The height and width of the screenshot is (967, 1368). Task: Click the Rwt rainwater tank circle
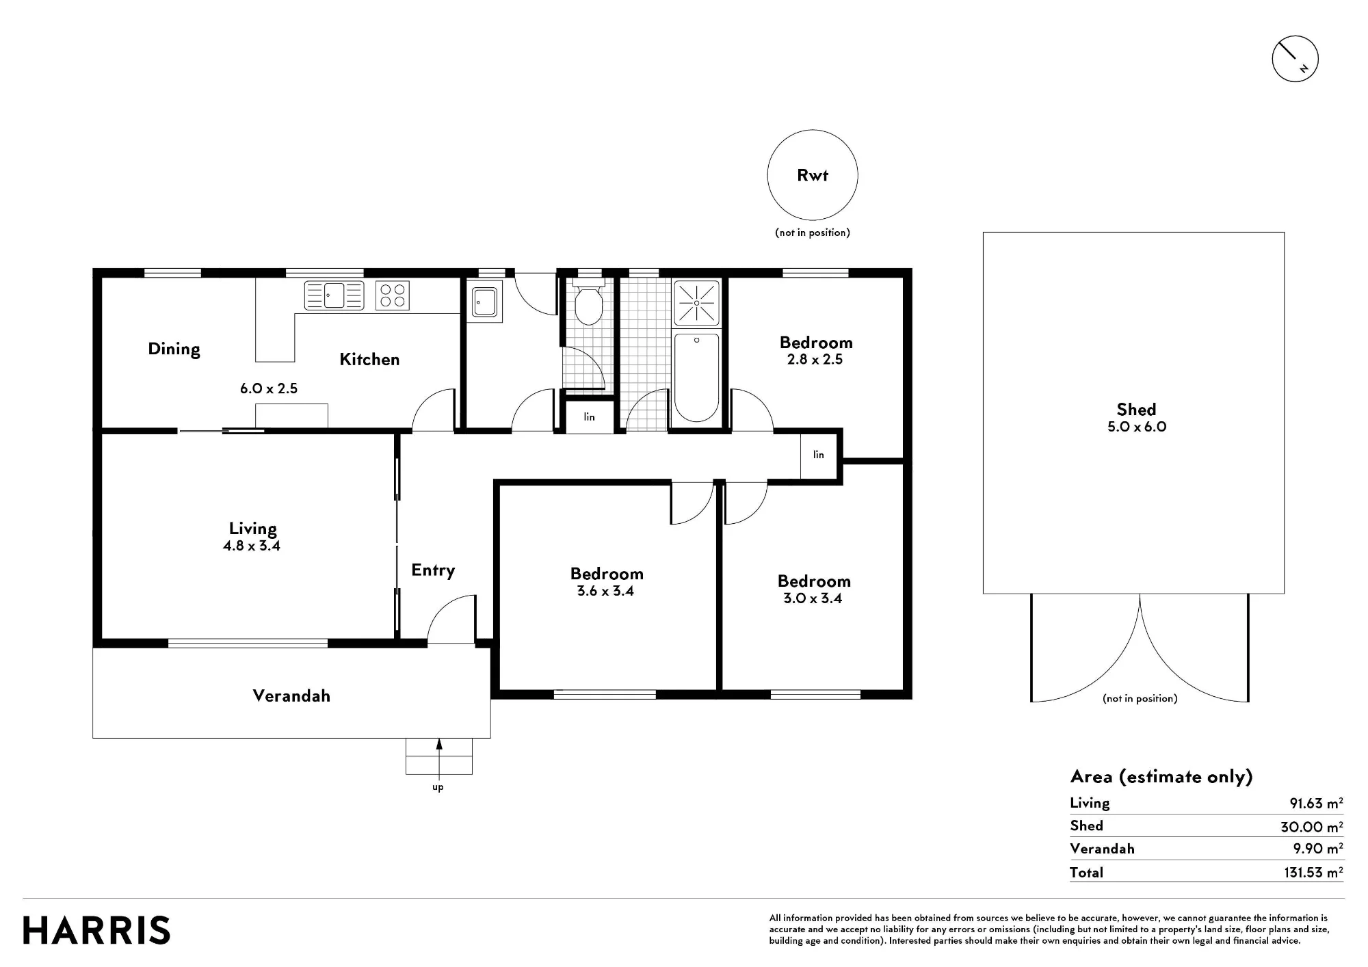pyautogui.click(x=813, y=130)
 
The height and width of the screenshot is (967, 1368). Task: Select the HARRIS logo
pyautogui.click(x=96, y=931)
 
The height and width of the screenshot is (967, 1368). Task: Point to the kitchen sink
pyautogui.click(x=334, y=295)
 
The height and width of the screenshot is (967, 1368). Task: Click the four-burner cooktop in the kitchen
pyautogui.click(x=393, y=295)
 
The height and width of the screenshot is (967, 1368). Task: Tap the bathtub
pyautogui.click(x=696, y=377)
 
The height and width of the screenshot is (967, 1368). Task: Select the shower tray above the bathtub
pyautogui.click(x=697, y=302)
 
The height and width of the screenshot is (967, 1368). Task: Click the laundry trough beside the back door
pyautogui.click(x=485, y=301)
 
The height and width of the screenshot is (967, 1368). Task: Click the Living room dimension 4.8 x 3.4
pyautogui.click(x=252, y=546)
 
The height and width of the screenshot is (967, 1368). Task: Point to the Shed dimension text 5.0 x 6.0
pyautogui.click(x=1136, y=427)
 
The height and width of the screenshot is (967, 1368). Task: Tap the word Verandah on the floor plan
pyautogui.click(x=291, y=696)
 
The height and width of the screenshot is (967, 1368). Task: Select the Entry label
pyautogui.click(x=433, y=570)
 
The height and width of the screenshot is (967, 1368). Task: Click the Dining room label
pyautogui.click(x=174, y=349)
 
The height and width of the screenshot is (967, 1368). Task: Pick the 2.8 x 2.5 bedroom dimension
pyautogui.click(x=815, y=360)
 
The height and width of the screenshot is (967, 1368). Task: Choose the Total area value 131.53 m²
pyautogui.click(x=1313, y=873)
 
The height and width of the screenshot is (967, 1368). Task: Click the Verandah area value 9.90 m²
pyautogui.click(x=1318, y=849)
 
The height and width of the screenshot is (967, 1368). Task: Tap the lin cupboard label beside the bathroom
pyautogui.click(x=590, y=416)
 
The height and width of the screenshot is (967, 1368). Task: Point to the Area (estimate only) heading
pyautogui.click(x=1161, y=777)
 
